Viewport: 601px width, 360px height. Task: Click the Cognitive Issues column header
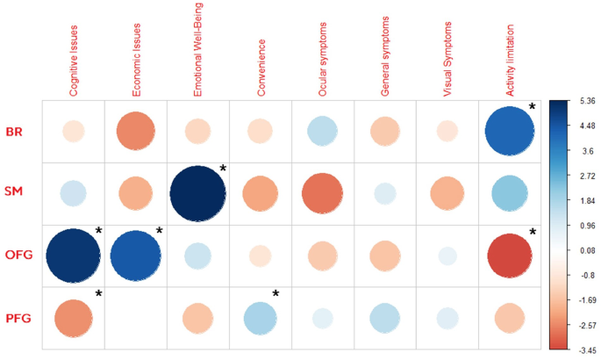[x=75, y=57]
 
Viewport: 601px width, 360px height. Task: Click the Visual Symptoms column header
[x=449, y=57]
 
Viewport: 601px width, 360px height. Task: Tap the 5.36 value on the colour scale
[x=581, y=102]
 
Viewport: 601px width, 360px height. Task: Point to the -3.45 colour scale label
[x=581, y=349]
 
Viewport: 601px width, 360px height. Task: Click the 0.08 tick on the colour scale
[x=581, y=250]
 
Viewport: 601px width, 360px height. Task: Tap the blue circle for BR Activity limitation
[x=510, y=132]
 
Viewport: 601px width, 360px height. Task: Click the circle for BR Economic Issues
[x=136, y=132]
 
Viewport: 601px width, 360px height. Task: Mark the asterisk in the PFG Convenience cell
[x=275, y=292]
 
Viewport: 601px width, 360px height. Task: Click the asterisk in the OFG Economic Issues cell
[x=160, y=231]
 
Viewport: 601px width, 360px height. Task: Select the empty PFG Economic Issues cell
[x=136, y=318]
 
